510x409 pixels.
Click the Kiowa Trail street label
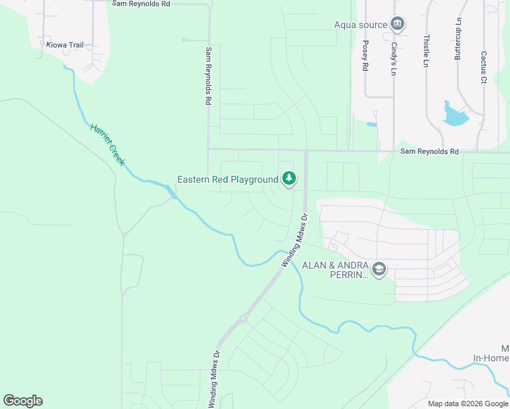pos(65,45)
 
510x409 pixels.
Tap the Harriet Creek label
pos(108,144)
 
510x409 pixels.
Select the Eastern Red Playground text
pos(228,180)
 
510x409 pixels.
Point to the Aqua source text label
pos(359,25)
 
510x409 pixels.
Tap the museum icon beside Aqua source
pos(397,25)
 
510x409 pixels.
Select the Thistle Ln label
pos(426,51)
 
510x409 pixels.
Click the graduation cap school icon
pos(379,271)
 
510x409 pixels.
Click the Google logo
pos(22,401)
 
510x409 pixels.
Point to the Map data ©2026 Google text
pos(467,404)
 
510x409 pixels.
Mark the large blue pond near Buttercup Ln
pos(453,115)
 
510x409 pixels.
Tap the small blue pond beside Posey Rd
pos(371,124)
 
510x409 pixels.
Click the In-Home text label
pos(491,357)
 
